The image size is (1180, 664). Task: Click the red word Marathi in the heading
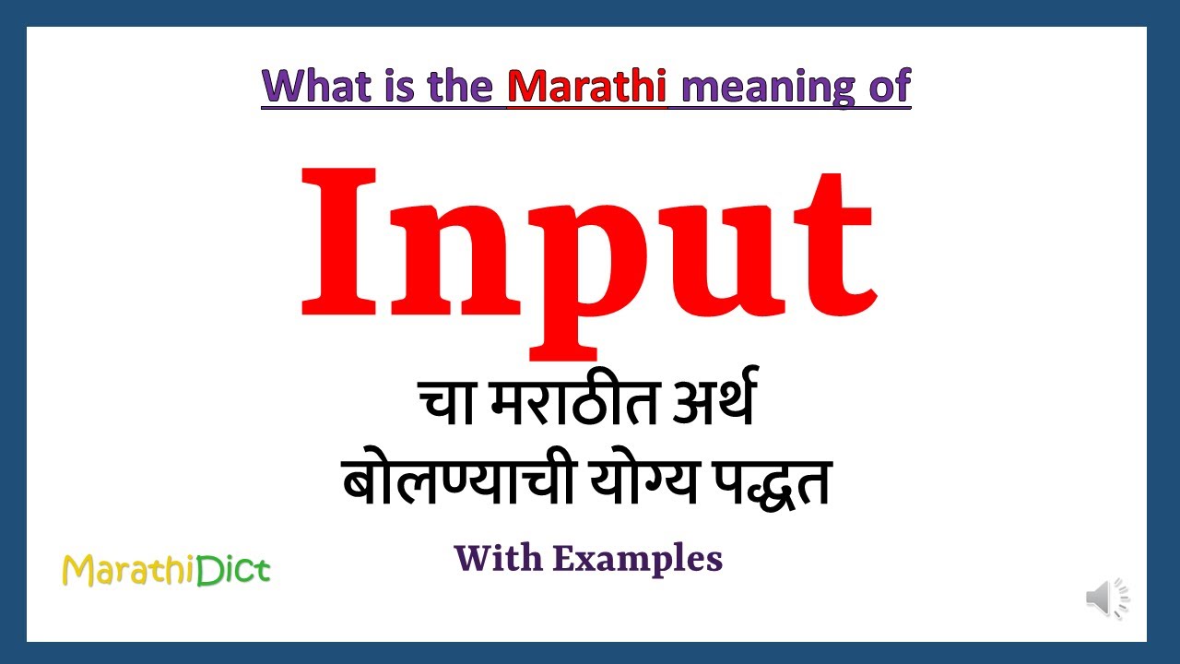pyautogui.click(x=587, y=86)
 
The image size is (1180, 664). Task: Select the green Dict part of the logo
pyautogui.click(x=232, y=570)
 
